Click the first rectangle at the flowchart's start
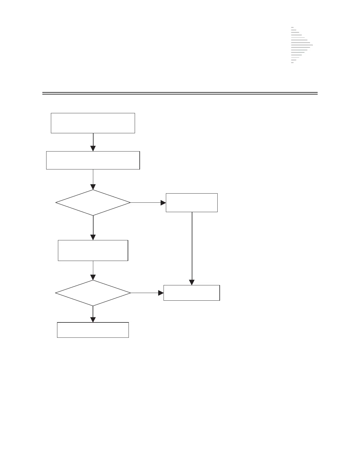pyautogui.click(x=93, y=123)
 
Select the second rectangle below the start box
pyautogui.click(x=93, y=160)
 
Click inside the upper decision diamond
pyautogui.click(x=93, y=203)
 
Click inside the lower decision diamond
pyautogui.click(x=93, y=293)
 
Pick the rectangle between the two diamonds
pyautogui.click(x=93, y=250)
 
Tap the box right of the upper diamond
pyautogui.click(x=192, y=203)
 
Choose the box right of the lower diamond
pyautogui.click(x=192, y=293)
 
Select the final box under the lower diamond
pyautogui.click(x=93, y=330)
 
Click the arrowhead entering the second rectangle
pyautogui.click(x=93, y=149)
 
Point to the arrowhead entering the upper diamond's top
pyautogui.click(x=93, y=187)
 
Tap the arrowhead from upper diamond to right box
pyautogui.click(x=163, y=203)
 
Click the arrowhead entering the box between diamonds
pyautogui.click(x=93, y=237)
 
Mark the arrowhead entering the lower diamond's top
pyautogui.click(x=93, y=277)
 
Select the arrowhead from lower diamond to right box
pyautogui.click(x=161, y=293)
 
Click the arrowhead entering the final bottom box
pyautogui.click(x=93, y=319)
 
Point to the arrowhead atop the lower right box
pyautogui.click(x=192, y=282)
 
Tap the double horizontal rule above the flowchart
pyautogui.click(x=180, y=93)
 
